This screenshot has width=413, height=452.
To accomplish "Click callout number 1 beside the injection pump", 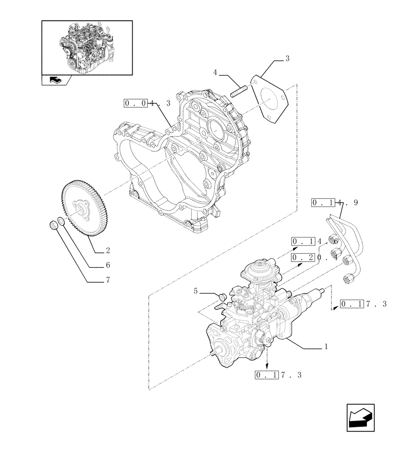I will click(x=326, y=348).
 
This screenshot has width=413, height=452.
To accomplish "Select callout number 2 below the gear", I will click(x=108, y=250).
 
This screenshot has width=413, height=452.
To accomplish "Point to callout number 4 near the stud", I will click(x=216, y=72).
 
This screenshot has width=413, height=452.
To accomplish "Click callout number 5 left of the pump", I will click(x=196, y=291).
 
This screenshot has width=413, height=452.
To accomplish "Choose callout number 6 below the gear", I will click(x=108, y=265).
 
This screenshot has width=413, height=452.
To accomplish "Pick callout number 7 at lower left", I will click(x=108, y=280).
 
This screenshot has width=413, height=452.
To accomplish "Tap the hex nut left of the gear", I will click(x=53, y=225).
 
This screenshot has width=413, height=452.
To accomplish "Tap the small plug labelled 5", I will click(x=222, y=297).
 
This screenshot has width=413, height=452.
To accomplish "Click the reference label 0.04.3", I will click(x=147, y=104).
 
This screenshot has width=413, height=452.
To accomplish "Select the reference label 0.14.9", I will click(x=335, y=202).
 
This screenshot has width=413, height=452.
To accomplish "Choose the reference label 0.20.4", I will click(x=315, y=258).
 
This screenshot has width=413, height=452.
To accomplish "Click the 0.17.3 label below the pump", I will click(x=278, y=375).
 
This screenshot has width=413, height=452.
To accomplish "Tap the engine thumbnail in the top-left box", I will click(x=87, y=47).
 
